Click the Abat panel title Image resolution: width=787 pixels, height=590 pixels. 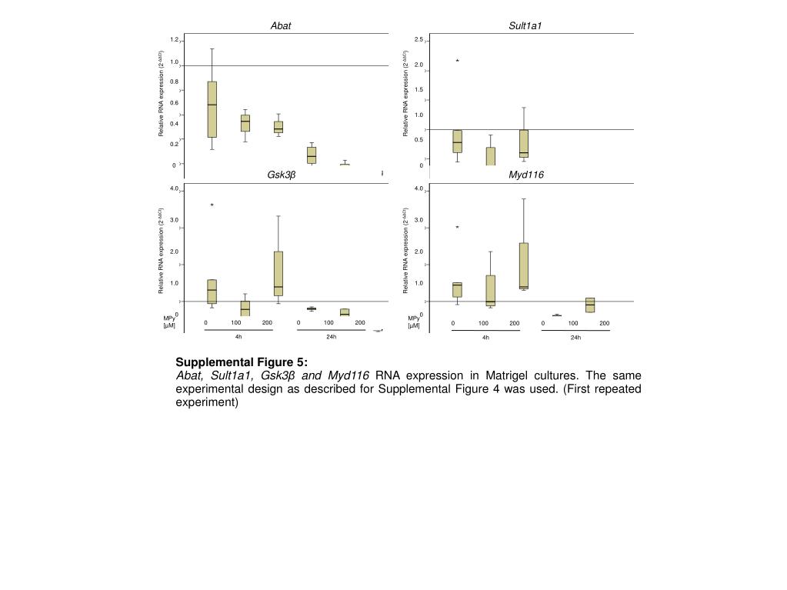(x=280, y=26)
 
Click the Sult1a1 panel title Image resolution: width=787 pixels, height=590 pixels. (x=525, y=26)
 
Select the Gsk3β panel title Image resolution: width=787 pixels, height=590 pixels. (x=281, y=175)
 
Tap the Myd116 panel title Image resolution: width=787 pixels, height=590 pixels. (x=525, y=175)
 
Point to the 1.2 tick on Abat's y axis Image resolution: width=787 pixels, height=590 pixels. (x=175, y=40)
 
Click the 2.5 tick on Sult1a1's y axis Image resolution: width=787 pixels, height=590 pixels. (x=419, y=40)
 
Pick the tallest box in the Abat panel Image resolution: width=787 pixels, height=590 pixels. (x=212, y=109)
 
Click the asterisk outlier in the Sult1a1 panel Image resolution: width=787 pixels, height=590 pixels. (x=457, y=62)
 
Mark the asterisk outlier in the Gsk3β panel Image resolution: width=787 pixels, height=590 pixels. (x=212, y=205)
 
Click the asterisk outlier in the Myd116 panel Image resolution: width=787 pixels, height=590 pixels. (x=457, y=228)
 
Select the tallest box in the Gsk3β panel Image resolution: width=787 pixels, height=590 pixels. (x=278, y=273)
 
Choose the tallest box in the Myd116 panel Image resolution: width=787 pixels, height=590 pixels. (x=523, y=265)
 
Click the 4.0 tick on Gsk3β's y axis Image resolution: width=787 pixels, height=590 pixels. (x=175, y=188)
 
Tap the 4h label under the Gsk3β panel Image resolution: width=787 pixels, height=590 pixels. (x=238, y=337)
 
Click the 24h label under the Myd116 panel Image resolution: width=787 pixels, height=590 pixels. (x=575, y=337)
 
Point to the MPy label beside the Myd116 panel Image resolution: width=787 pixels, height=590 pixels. (x=414, y=318)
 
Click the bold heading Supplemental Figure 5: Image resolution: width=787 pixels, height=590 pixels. (x=242, y=362)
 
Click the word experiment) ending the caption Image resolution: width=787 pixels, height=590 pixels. (x=207, y=402)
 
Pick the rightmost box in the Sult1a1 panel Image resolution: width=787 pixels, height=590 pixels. (x=523, y=143)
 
